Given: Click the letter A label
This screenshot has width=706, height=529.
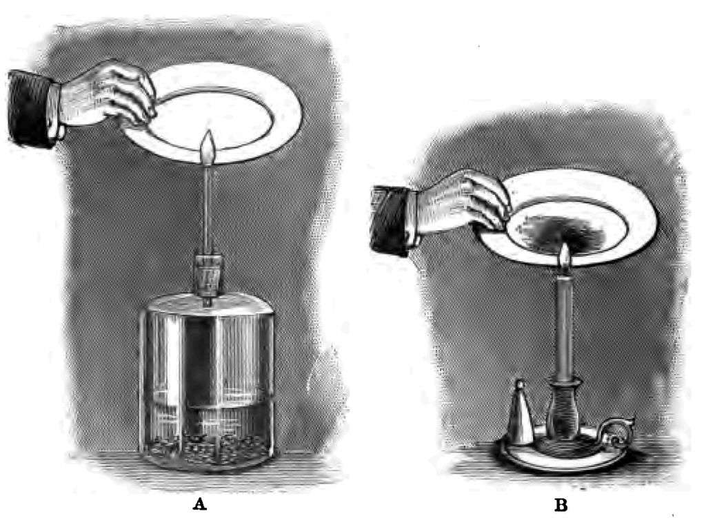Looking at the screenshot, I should (x=199, y=504).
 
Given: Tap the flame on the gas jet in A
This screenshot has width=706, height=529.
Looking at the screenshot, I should (x=208, y=145).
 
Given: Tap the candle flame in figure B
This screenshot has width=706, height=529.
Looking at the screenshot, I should (x=564, y=257).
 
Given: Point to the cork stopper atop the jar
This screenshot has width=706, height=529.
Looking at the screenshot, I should (x=207, y=273).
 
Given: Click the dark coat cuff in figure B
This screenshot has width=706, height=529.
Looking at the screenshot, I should (x=390, y=220).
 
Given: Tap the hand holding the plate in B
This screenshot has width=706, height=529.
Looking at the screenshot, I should (x=462, y=203).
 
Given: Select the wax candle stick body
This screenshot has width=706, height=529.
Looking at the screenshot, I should (x=564, y=324).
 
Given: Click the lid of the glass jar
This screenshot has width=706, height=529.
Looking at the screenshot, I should (x=207, y=304).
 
